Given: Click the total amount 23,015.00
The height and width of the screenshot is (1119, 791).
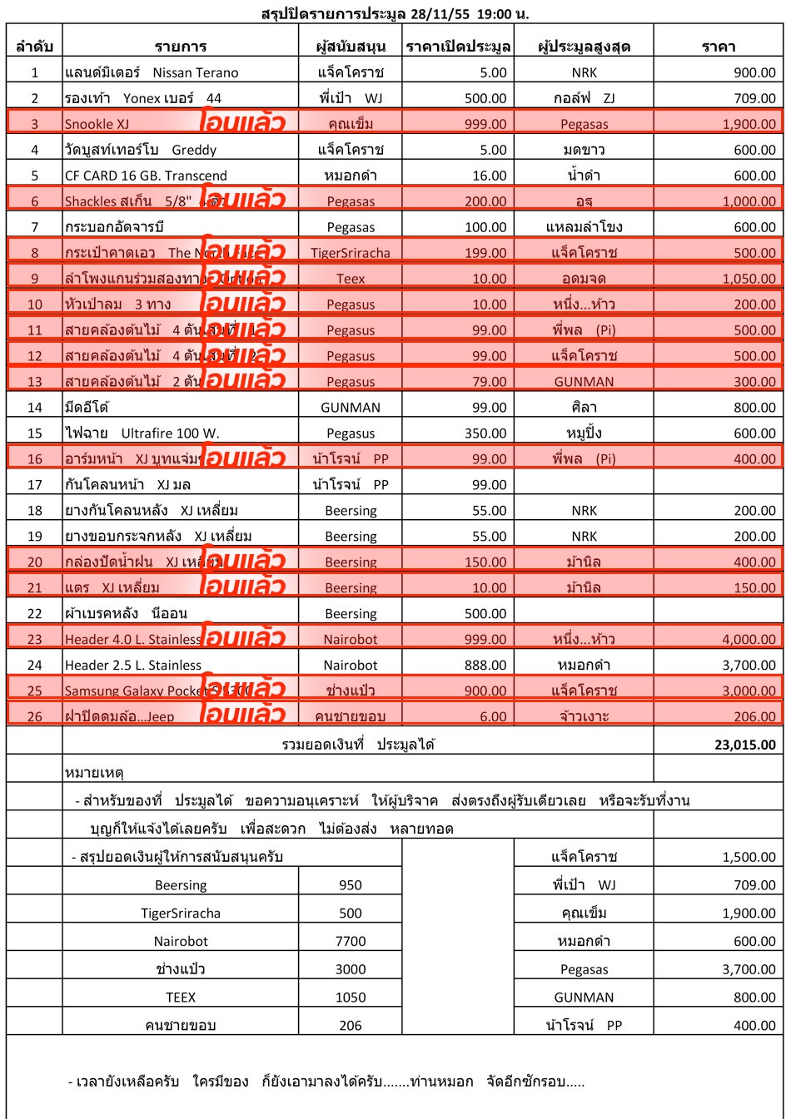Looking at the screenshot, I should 744,745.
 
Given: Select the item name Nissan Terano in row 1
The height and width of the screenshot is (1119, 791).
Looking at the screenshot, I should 196,72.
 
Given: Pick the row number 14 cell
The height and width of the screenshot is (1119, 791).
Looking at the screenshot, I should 34,408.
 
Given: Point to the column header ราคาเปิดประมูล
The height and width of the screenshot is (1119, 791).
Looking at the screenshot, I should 458,47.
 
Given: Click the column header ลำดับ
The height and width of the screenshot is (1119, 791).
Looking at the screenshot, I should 34,47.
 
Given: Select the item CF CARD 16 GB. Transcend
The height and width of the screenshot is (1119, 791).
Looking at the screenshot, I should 146,176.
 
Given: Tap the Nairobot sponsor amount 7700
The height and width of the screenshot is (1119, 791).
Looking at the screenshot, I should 351,941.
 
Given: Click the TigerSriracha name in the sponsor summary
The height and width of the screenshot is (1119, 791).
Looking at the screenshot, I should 181,913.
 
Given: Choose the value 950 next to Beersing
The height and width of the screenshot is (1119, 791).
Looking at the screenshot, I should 351,885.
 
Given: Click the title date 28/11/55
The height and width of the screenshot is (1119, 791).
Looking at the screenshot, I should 439,14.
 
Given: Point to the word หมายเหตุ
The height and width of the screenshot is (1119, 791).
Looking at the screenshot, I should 94,773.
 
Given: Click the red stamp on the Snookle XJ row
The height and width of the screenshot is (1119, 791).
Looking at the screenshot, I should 242,122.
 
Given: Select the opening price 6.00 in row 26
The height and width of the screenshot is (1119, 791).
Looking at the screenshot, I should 493,716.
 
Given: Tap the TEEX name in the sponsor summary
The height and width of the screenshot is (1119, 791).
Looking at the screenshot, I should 181,998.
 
